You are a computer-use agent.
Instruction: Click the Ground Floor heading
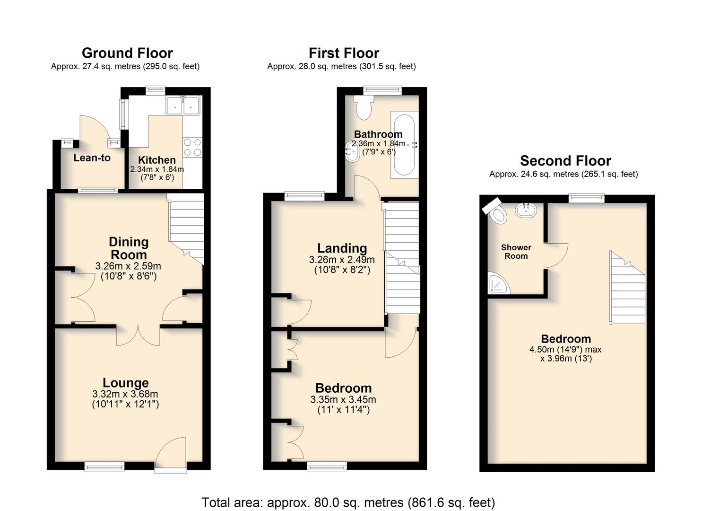pos(127,53)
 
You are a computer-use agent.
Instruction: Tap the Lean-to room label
pos(92,158)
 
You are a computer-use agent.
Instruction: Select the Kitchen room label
pos(156,160)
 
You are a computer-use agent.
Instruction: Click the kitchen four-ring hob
pos(192,148)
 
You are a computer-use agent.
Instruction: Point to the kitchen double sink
pos(183,106)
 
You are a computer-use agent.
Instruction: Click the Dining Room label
pos(129,248)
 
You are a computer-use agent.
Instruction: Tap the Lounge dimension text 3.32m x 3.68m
pos(125,394)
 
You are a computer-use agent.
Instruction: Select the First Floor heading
pos(344,53)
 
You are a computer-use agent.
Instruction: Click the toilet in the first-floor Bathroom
pos(364,106)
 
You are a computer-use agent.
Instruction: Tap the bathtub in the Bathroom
pos(404,145)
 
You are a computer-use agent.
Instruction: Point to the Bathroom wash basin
pos(352,151)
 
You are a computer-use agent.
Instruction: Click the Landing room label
pos(342,248)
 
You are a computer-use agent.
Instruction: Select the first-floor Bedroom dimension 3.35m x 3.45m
pos(343,400)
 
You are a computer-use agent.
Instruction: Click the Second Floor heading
pos(566,161)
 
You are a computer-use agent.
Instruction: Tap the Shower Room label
pos(516,252)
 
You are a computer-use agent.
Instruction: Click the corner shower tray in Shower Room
pos(498,283)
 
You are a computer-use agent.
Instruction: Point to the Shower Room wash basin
pos(526,210)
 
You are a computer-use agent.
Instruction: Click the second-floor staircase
pos(627,287)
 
